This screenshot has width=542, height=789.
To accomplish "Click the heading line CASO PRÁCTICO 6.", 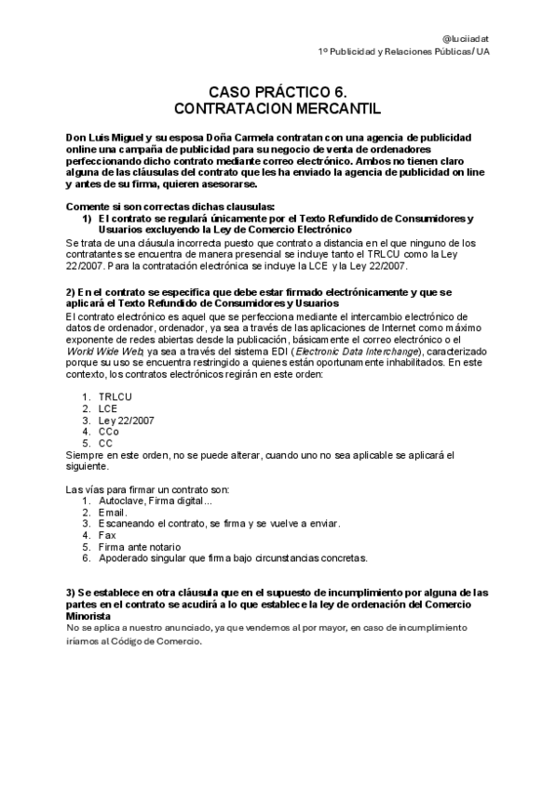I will click(270, 92).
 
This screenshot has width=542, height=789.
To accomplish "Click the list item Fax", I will click(106, 535).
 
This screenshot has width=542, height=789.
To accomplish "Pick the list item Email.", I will click(112, 512).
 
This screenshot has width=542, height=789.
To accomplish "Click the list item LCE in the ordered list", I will click(108, 408).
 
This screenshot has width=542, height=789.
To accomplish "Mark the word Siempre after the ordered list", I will click(85, 454).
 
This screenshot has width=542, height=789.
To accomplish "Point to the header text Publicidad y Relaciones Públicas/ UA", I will click(411, 51).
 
